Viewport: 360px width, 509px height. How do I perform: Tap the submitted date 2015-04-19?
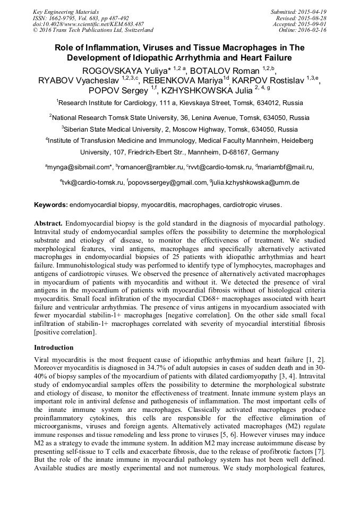(313, 12)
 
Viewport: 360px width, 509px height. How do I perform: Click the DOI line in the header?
(88, 24)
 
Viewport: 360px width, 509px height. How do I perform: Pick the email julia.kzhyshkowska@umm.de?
(255, 183)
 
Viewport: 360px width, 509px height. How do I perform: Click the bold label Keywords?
(51, 204)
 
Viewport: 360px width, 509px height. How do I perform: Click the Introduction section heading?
(54, 348)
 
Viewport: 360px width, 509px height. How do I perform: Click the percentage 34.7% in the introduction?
(150, 368)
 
